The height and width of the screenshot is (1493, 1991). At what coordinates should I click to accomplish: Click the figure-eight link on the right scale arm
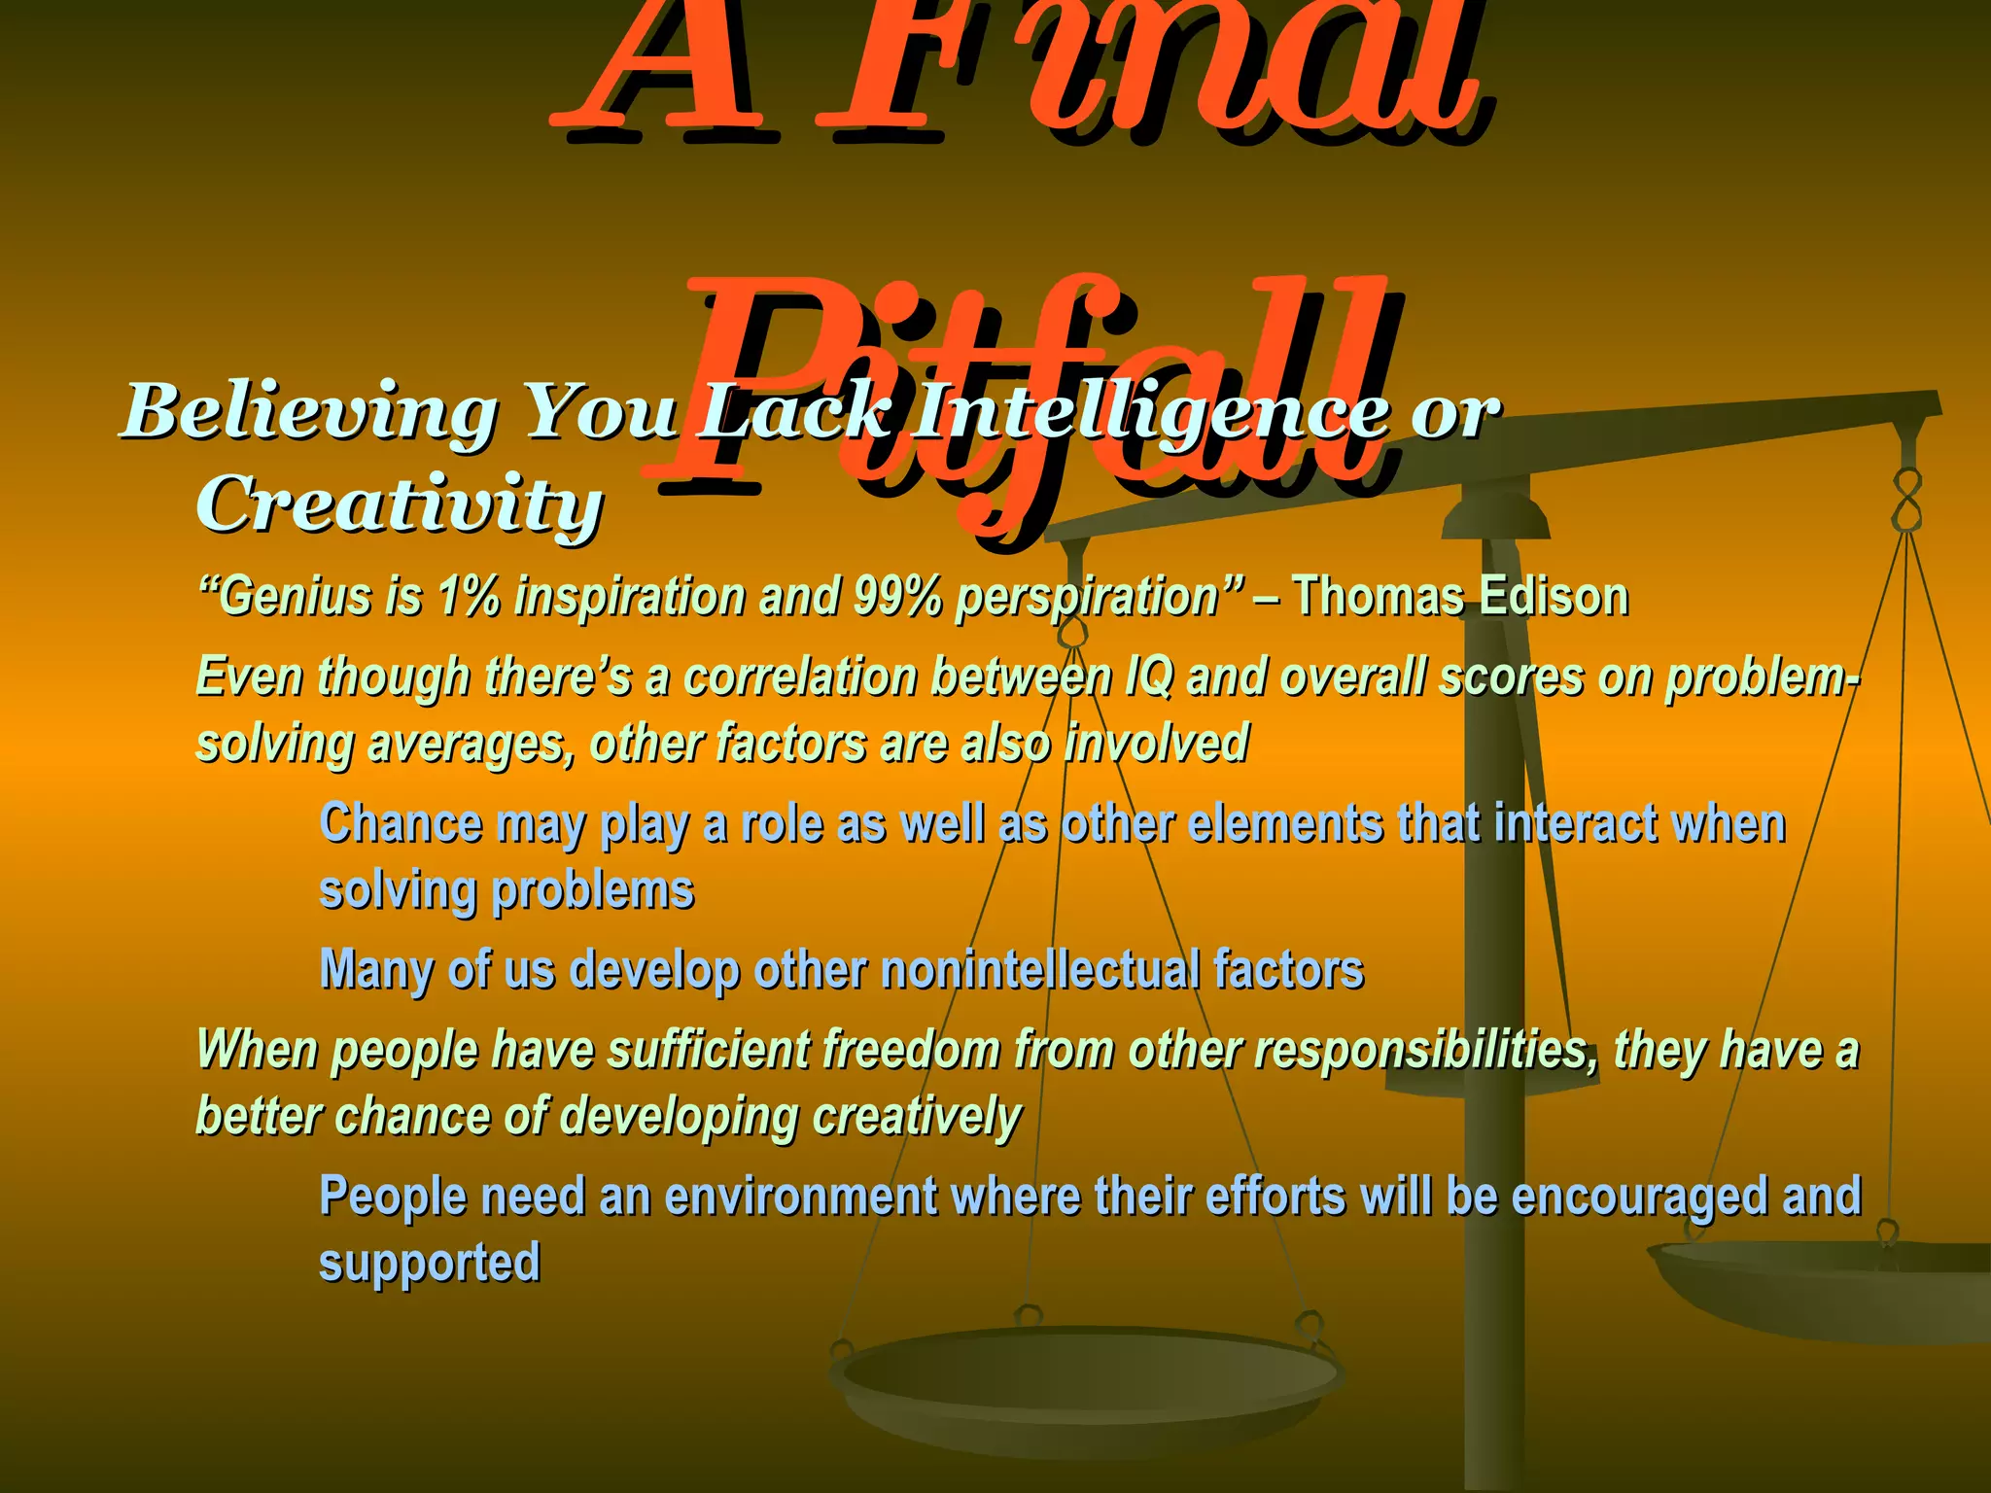(1907, 500)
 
